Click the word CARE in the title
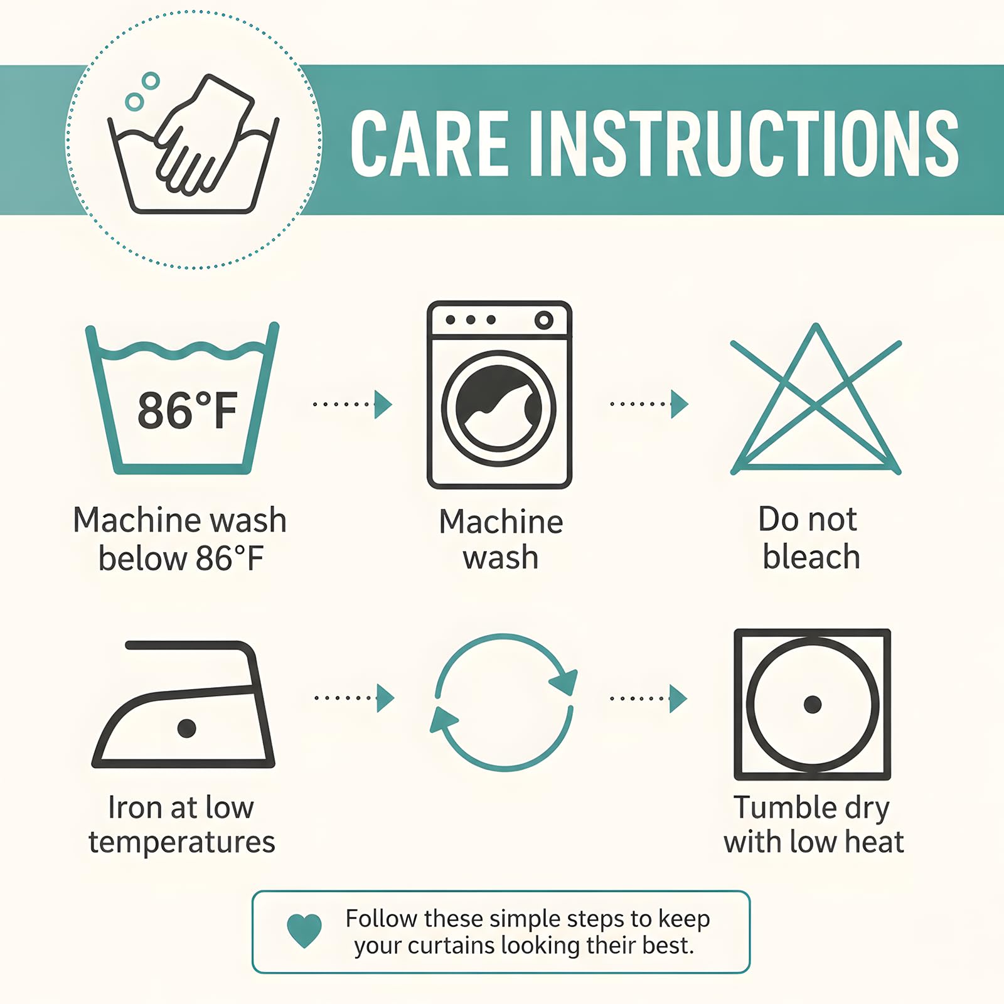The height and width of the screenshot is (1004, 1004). click(429, 144)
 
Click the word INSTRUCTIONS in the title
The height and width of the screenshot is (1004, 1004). click(744, 144)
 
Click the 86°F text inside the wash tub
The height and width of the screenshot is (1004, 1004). click(188, 410)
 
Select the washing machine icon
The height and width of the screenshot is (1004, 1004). click(499, 395)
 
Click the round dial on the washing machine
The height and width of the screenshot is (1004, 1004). click(543, 320)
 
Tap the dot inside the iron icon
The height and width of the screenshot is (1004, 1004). click(186, 728)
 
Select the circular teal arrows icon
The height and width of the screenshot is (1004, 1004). click(503, 702)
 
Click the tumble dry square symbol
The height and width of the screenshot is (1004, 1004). click(813, 704)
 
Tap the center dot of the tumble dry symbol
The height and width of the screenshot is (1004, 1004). click(813, 704)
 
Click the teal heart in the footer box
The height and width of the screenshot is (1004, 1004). click(304, 931)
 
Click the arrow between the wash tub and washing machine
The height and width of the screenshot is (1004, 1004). click(353, 404)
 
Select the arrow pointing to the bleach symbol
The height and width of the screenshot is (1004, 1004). click(649, 404)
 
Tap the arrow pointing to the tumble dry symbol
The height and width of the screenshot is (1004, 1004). click(649, 698)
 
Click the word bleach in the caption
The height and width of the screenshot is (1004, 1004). click(811, 557)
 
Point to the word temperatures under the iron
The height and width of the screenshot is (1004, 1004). click(182, 842)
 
